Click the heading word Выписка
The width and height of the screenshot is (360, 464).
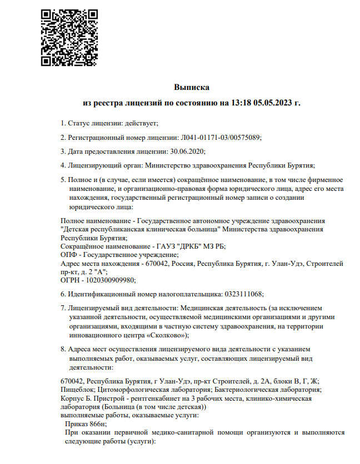tap(191, 88)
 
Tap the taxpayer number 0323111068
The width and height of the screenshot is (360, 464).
tap(242, 294)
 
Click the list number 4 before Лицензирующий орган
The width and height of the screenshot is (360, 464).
tap(62, 165)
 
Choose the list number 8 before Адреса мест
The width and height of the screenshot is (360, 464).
tap(62, 350)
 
